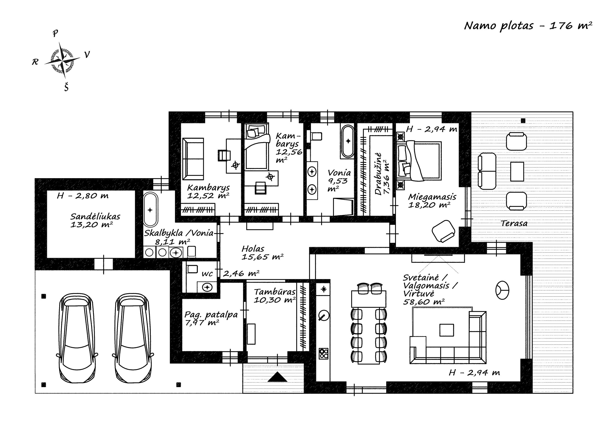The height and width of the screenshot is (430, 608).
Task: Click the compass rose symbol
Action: (x=62, y=60)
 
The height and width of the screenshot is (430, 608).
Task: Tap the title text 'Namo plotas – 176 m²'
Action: (x=528, y=26)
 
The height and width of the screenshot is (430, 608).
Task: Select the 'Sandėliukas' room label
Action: (x=95, y=217)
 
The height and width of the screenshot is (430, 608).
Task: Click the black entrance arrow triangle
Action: (x=277, y=377)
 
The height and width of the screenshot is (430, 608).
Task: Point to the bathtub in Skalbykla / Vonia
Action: (x=150, y=210)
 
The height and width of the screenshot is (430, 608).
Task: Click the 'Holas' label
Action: (x=253, y=249)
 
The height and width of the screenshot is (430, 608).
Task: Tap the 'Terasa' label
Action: (x=514, y=223)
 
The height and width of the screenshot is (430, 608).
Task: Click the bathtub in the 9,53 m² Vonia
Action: (x=348, y=141)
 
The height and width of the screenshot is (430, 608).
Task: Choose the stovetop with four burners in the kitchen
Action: (x=323, y=353)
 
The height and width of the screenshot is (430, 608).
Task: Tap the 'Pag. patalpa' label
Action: (x=211, y=315)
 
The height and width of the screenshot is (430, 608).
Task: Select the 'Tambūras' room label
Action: (x=275, y=292)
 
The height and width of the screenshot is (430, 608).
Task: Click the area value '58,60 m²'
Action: (x=424, y=302)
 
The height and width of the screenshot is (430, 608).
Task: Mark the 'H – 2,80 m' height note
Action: (x=83, y=196)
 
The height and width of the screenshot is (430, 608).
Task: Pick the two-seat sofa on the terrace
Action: (x=487, y=171)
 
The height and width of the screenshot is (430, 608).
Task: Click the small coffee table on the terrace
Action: (x=517, y=172)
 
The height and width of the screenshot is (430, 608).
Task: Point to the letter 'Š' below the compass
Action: (x=66, y=87)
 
